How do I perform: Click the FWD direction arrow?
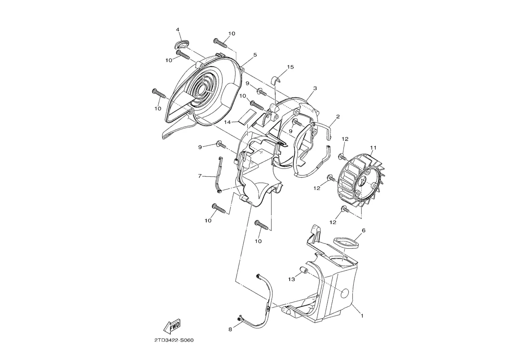click(x=172, y=326)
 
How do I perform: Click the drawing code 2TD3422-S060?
click(x=174, y=340)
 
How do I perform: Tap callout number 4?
click(x=178, y=30)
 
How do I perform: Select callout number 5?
click(x=255, y=54)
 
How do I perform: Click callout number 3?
click(x=315, y=88)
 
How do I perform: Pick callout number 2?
click(x=338, y=117)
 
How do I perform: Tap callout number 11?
click(x=373, y=148)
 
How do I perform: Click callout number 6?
click(x=363, y=230)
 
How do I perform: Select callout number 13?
click(x=291, y=279)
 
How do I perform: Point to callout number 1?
click(x=362, y=316)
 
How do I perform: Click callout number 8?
click(x=230, y=329)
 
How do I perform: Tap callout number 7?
click(x=200, y=176)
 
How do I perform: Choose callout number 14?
click(x=228, y=123)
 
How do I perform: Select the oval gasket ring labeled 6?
click(x=346, y=242)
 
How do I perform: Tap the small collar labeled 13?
click(x=303, y=271)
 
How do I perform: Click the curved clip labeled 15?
click(x=276, y=81)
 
